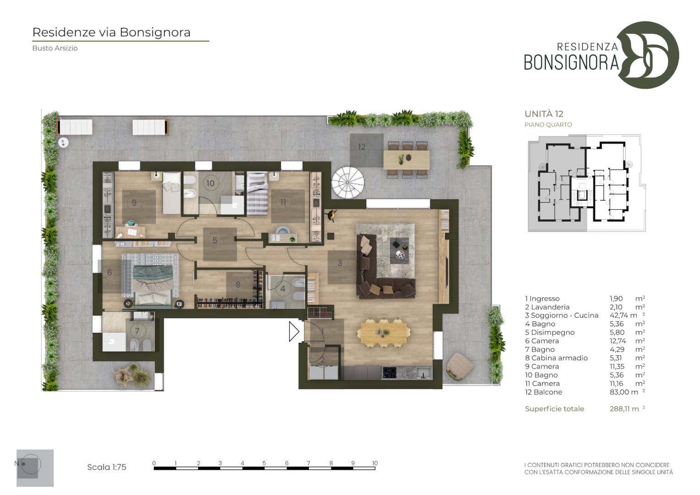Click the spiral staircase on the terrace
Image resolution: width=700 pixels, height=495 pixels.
point(348,182)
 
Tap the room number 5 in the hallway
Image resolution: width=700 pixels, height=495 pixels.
point(215,240)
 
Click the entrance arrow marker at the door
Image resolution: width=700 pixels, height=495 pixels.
point(294,331)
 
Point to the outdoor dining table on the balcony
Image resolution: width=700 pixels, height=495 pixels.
point(406,160)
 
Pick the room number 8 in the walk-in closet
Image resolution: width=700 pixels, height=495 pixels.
point(238,285)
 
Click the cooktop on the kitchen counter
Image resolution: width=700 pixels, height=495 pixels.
point(389,373)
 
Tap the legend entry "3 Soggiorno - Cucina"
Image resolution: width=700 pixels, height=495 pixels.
point(562,315)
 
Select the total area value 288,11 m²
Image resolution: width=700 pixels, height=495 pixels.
point(627,409)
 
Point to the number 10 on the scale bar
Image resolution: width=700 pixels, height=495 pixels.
point(375,463)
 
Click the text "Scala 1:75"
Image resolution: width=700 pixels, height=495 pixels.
point(106,467)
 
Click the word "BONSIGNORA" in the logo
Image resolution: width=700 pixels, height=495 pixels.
point(571,62)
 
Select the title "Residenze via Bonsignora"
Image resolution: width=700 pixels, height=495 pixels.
point(111,32)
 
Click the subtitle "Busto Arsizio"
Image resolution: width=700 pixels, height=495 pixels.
point(55,48)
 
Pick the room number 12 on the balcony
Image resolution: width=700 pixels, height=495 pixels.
point(362,147)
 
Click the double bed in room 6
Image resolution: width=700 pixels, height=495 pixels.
point(153,284)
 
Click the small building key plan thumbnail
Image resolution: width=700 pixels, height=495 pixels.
point(587,183)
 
